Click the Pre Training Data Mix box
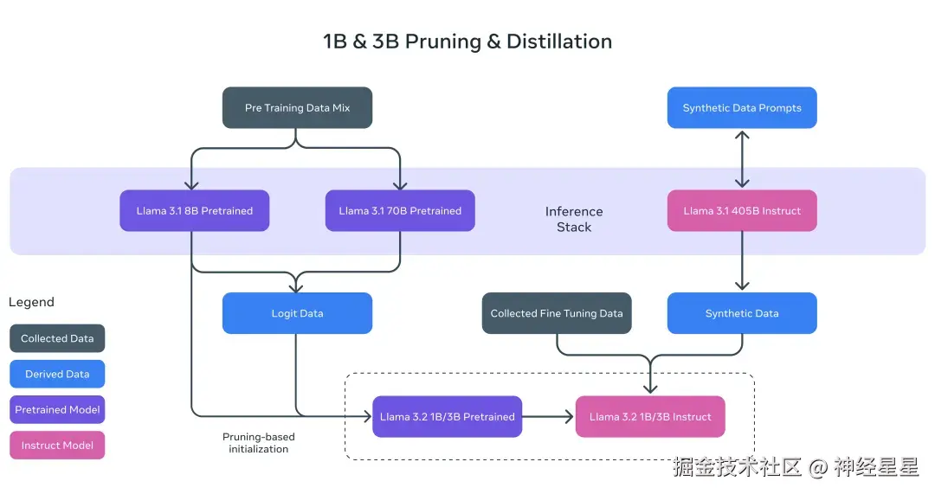297,108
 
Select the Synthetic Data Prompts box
742,108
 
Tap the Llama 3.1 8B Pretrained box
195,211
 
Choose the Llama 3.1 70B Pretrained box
400,211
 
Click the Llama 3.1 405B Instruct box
742,211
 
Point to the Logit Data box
297,313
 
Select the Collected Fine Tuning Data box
557,313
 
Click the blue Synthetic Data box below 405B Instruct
742,313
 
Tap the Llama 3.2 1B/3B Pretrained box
448,417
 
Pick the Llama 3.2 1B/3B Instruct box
650,417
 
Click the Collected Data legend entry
57,338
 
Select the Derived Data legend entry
57,375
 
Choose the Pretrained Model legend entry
57,410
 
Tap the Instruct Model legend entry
57,446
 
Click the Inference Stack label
574,220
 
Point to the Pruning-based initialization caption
259,443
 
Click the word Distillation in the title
559,42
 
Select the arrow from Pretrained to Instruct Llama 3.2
549,417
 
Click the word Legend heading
31,302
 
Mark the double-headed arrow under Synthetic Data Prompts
742,159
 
